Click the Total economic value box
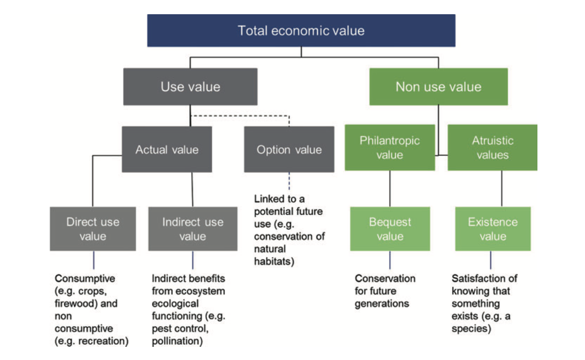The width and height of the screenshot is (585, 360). pos(301,31)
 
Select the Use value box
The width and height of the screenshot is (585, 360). pos(190,86)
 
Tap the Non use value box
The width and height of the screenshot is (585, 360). pos(438,86)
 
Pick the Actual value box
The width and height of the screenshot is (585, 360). pos(167,149)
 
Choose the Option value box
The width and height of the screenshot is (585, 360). pos(289,149)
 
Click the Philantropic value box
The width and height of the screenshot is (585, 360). pos(389,148)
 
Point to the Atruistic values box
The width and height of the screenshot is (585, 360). pos(492,148)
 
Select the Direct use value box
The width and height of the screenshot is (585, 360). pos(93,229)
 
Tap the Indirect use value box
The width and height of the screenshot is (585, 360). pos(192,229)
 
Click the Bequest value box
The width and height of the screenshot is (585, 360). pos(390,229)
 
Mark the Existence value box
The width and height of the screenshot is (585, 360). pos(492,229)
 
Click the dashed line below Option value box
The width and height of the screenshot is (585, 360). pos(289,182)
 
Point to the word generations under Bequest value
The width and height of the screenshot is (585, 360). pos(382,304)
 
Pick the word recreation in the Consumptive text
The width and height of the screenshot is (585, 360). pos(104,341)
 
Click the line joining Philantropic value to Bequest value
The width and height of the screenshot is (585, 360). pos(390,188)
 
